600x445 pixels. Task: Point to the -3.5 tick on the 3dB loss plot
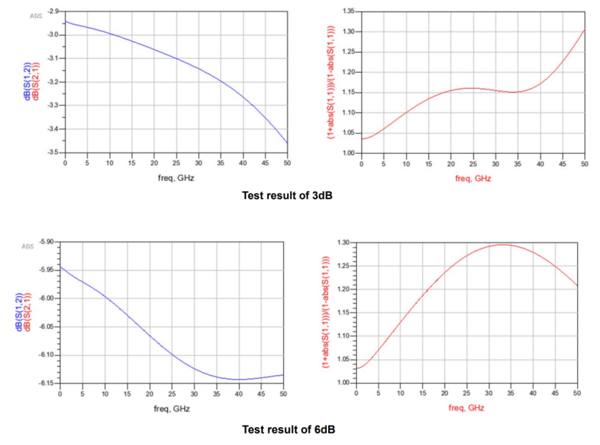pyautogui.click(x=54, y=152)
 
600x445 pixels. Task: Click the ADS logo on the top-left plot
pyautogui.click(x=36, y=16)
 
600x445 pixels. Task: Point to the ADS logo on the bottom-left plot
pyautogui.click(x=28, y=246)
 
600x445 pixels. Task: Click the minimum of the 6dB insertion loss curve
pyautogui.click(x=238, y=379)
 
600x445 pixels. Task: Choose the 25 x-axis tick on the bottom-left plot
pyautogui.click(x=172, y=394)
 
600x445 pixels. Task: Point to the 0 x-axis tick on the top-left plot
pyautogui.click(x=65, y=163)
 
